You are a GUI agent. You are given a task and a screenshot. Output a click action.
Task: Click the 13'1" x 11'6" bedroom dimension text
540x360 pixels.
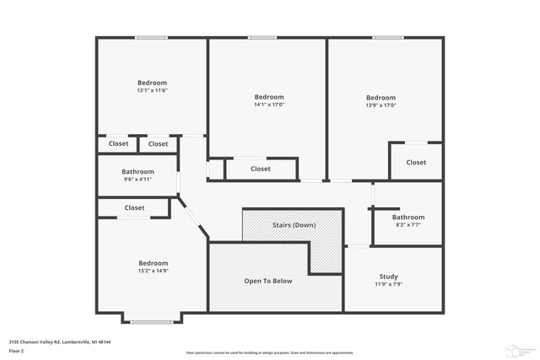pos(152,90)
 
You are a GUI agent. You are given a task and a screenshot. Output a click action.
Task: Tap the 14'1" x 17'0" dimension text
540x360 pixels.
pos(269,105)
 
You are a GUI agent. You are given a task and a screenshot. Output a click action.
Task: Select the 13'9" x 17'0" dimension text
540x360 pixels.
pos(381,105)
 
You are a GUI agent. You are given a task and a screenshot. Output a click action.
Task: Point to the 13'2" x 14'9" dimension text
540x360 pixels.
pos(153,271)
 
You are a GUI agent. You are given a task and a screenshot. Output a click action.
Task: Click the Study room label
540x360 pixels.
pos(388,277)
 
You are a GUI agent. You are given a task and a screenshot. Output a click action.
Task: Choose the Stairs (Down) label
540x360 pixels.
pos(294,225)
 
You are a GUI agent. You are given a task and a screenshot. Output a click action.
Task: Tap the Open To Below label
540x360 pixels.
pos(268,281)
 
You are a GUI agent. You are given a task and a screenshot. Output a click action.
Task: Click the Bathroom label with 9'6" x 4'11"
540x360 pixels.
pos(138,171)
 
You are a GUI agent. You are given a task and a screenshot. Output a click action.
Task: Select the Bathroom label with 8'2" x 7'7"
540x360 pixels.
pos(407,217)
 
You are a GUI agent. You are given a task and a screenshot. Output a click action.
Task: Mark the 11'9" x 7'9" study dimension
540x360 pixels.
pos(388,284)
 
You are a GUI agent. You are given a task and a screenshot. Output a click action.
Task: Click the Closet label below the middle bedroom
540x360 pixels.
pos(261,169)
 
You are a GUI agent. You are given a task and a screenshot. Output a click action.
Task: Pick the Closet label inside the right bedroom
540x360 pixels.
pos(416,162)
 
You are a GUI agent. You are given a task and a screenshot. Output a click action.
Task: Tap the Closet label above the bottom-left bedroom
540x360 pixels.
pos(134,207)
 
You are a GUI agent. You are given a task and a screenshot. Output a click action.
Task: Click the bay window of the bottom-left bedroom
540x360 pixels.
pos(152,322)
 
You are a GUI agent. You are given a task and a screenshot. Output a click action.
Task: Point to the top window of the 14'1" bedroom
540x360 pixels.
pos(262,37)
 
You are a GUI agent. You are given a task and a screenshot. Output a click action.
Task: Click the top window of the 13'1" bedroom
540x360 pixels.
pos(152,37)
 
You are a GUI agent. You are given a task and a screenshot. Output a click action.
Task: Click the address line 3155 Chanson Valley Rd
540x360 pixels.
pos(60,341)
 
